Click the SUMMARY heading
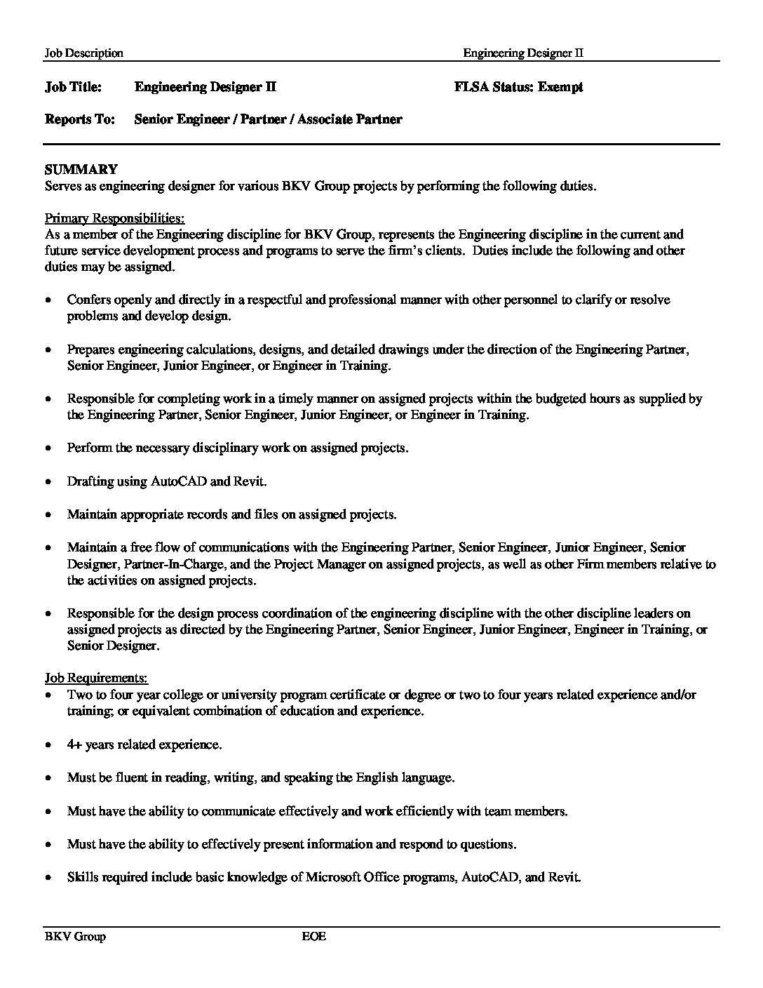(x=81, y=169)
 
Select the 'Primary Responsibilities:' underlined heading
(x=114, y=218)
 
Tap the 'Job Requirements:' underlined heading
(x=96, y=678)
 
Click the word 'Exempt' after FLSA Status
(x=560, y=87)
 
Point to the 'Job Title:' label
(x=73, y=87)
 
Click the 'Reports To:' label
(x=79, y=119)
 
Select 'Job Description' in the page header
(x=83, y=53)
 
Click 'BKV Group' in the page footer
(x=75, y=936)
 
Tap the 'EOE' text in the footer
(x=314, y=936)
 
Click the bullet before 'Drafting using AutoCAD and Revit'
(x=48, y=482)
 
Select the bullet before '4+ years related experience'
(x=48, y=745)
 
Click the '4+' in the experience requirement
(x=75, y=745)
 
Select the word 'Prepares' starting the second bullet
(x=91, y=349)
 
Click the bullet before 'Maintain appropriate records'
(x=48, y=515)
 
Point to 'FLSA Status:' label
(x=494, y=87)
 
